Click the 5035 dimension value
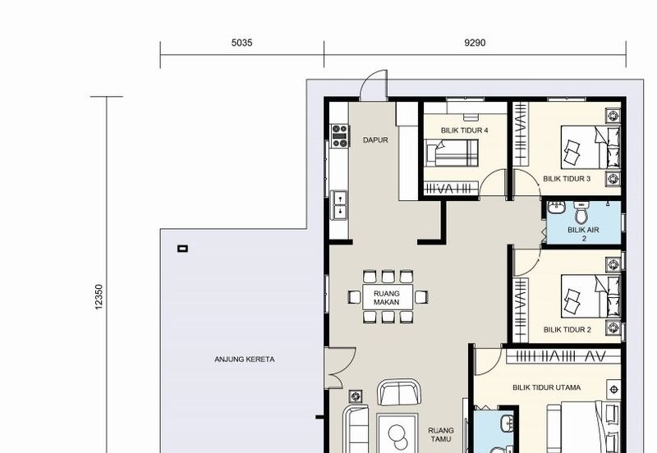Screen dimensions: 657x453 (x=241, y=43)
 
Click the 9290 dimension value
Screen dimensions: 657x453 (x=475, y=43)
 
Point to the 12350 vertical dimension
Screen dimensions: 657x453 (x=99, y=297)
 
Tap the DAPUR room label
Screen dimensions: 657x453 (x=375, y=140)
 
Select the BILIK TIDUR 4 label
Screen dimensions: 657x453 (x=464, y=130)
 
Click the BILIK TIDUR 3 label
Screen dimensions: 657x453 (x=567, y=179)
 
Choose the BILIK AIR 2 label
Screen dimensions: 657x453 (x=583, y=234)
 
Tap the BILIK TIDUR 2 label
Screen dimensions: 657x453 (x=567, y=330)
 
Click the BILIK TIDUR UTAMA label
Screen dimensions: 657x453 (x=546, y=387)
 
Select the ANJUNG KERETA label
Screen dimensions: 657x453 (x=244, y=359)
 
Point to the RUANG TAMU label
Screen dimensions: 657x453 (x=441, y=435)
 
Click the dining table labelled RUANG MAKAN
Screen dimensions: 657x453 (x=388, y=297)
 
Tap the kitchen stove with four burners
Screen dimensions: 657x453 (x=340, y=135)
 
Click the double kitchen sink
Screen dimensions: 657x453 (x=339, y=204)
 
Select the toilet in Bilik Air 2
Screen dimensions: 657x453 (x=581, y=213)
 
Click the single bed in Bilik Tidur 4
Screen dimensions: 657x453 (x=451, y=153)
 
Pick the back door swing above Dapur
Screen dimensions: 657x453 (x=374, y=85)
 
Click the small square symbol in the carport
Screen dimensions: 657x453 (x=182, y=249)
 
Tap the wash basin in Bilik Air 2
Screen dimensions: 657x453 (x=557, y=207)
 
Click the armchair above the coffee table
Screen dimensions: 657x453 (x=399, y=392)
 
